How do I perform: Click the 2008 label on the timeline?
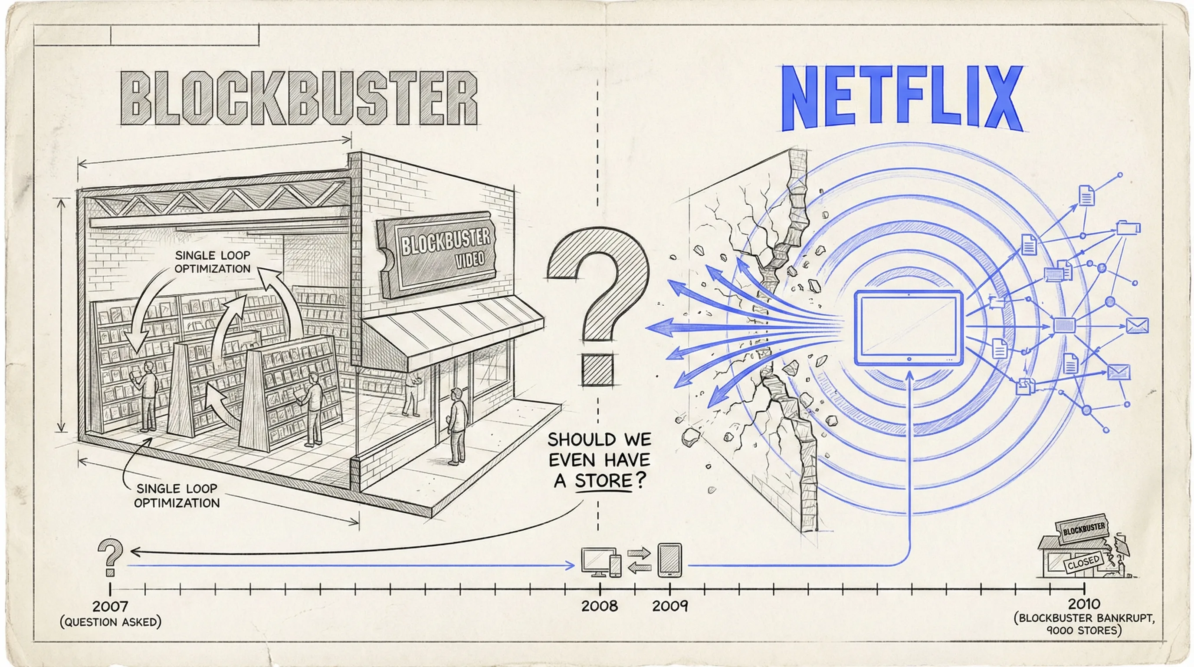[599, 606]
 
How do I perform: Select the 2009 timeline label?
[670, 606]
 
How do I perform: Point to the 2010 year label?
[1084, 604]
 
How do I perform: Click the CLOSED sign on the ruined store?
[1083, 563]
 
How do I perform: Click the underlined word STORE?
[604, 481]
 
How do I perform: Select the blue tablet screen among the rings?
[909, 327]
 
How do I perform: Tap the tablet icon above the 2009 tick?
[670, 560]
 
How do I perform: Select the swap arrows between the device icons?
[639, 560]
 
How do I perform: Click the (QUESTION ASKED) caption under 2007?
[110, 622]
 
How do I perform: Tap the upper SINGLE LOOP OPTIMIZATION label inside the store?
[212, 261]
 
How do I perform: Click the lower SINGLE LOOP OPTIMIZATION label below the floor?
[177, 495]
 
